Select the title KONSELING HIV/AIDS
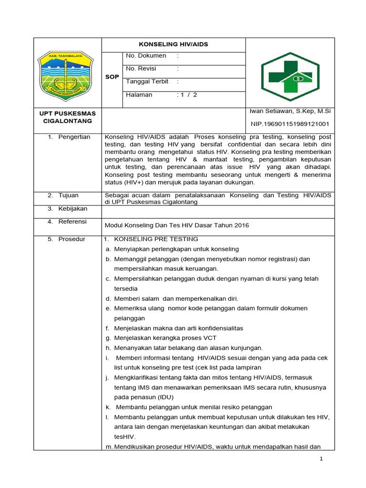tap(173, 44)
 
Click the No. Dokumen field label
tap(146, 56)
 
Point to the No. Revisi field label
tap(141, 69)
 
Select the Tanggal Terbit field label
tap(147, 81)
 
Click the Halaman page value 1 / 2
tap(188, 95)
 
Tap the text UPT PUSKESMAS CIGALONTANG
tap(67, 117)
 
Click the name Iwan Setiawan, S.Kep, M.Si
tap(290, 111)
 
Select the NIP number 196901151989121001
tap(290, 124)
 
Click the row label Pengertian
tap(74, 137)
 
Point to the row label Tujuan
tap(68, 195)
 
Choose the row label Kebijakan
tap(72, 209)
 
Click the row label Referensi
tap(72, 222)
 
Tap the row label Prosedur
tap(71, 239)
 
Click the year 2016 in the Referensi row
tap(241, 225)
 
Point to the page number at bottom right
tap(321, 458)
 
